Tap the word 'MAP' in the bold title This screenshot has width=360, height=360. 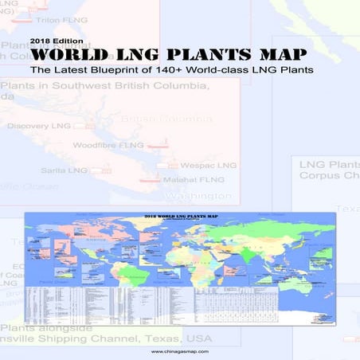click(280, 57)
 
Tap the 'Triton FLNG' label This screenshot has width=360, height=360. click(37, 18)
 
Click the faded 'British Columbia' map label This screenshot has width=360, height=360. click(164, 119)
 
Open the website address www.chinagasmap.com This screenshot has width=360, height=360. click(179, 350)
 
